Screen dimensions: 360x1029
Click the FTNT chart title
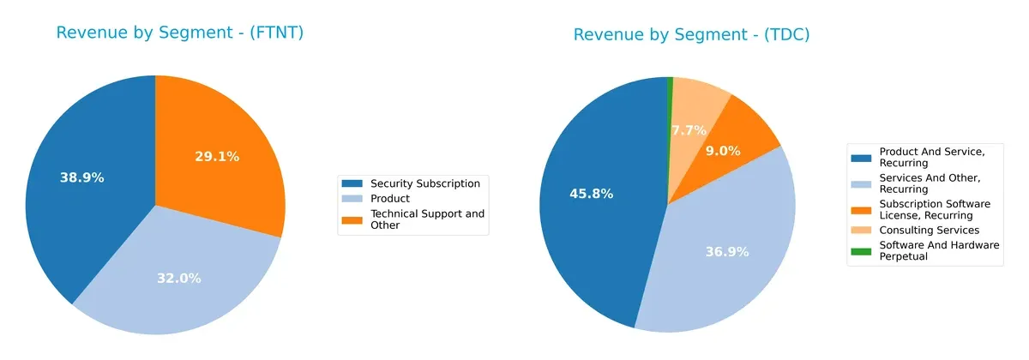click(180, 33)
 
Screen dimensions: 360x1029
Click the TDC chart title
click(691, 35)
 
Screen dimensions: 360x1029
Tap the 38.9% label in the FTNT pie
click(82, 177)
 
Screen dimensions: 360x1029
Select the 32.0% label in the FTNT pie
click(179, 278)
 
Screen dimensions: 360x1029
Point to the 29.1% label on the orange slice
click(218, 157)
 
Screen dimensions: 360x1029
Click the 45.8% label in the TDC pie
click(591, 194)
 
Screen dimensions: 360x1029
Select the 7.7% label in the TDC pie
click(689, 130)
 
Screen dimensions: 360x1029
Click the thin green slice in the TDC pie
click(670, 83)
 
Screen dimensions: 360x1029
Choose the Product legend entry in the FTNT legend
click(389, 199)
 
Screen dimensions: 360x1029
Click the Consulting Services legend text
click(929, 230)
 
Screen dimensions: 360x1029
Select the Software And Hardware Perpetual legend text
click(939, 250)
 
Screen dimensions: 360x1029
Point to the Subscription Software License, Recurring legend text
click(935, 209)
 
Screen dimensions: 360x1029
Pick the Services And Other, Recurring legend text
click(930, 183)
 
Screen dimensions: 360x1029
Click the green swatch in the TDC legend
click(861, 251)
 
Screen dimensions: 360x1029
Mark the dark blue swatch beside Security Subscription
click(352, 183)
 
